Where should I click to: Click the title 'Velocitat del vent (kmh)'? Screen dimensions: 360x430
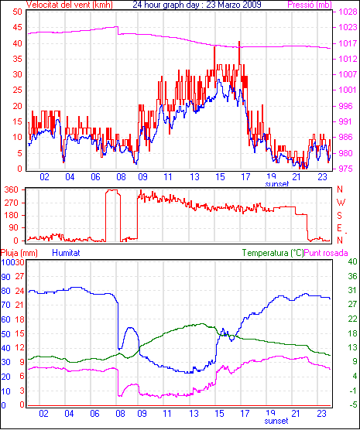point(70,5)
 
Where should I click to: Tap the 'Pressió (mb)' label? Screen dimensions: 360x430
point(310,5)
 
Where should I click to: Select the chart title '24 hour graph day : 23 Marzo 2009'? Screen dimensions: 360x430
point(197,5)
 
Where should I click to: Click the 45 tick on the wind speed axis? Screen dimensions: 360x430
point(17,27)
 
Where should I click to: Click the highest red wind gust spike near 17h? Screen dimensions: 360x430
point(239,42)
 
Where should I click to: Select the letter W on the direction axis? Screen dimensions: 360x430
point(341,203)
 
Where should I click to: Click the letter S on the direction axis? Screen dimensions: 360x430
point(339,216)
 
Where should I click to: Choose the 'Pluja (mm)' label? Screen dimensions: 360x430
point(19,253)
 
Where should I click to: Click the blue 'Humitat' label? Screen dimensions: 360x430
point(66,253)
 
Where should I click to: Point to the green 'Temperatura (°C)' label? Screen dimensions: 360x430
point(273,253)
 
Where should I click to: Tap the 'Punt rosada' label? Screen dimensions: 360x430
point(326,253)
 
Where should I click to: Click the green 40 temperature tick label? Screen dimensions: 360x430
point(352,261)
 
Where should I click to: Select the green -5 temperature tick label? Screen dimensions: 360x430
point(352,404)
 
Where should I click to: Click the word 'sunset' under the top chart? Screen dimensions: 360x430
point(277,184)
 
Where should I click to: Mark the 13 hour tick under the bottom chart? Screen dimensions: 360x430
point(194,414)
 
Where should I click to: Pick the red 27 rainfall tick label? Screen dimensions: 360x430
point(20,276)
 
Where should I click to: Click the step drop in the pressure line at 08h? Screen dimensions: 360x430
point(118,30)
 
